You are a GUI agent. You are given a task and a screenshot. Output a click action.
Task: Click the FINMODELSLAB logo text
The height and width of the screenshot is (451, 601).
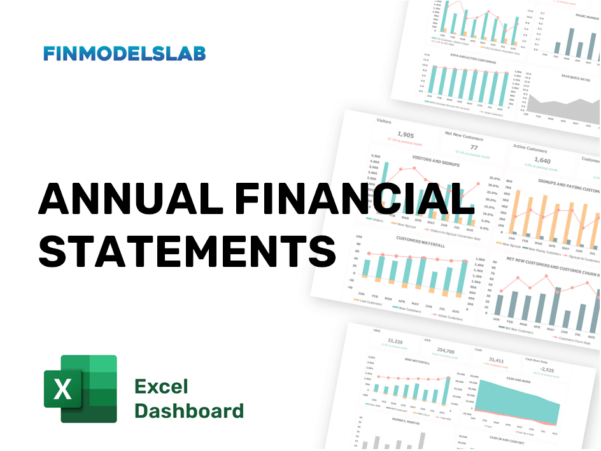125,54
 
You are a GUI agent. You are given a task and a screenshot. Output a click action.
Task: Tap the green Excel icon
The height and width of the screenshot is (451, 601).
80,389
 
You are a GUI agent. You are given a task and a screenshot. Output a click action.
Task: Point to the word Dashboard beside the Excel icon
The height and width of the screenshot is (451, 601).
189,410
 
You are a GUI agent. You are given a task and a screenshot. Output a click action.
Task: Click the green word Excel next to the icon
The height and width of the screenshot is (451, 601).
162,387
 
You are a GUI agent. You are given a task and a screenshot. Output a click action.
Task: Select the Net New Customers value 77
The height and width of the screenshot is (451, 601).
473,147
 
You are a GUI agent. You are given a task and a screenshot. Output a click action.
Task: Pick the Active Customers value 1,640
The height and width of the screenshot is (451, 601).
542,161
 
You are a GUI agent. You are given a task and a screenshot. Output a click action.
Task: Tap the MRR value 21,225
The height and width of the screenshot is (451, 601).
395,341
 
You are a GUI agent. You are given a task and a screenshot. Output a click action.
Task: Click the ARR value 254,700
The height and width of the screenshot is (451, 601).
446,351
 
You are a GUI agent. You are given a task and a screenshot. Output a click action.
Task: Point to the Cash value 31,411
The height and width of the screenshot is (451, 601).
496,360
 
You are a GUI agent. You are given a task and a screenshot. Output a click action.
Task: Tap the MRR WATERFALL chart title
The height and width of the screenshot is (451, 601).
417,362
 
